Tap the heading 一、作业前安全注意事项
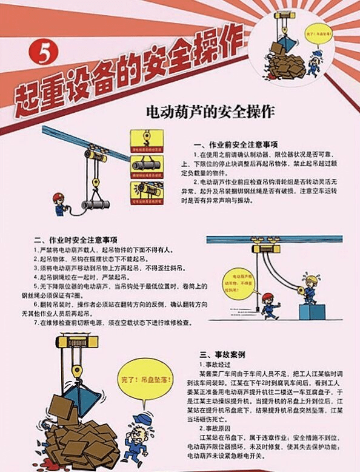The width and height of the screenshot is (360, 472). pos(236,146)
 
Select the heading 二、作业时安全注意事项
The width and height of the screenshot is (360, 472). pos(76,239)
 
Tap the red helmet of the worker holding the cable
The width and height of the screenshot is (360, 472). pos(58,197)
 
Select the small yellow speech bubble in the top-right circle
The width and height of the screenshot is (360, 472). pos(322,35)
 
